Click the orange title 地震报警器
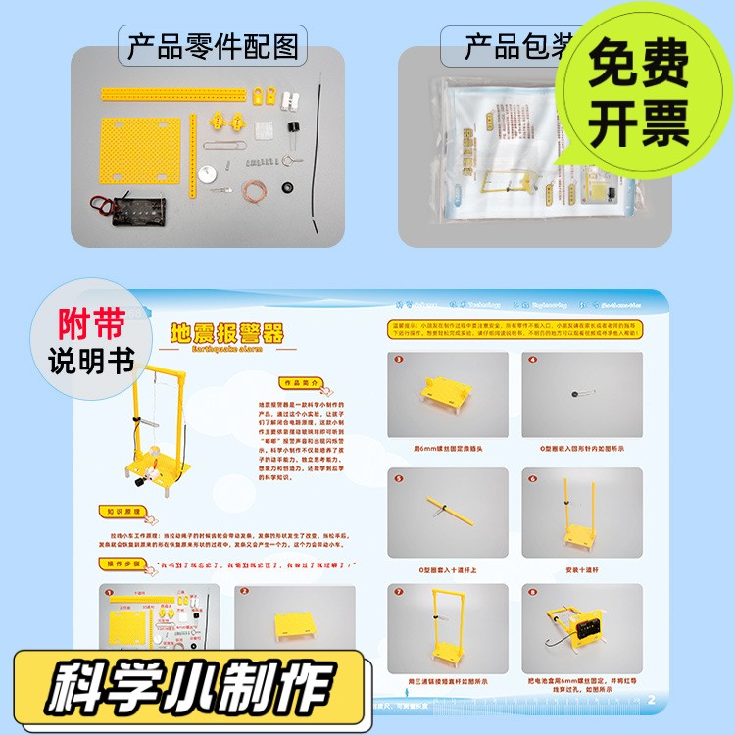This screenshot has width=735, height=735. (x=226, y=333)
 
